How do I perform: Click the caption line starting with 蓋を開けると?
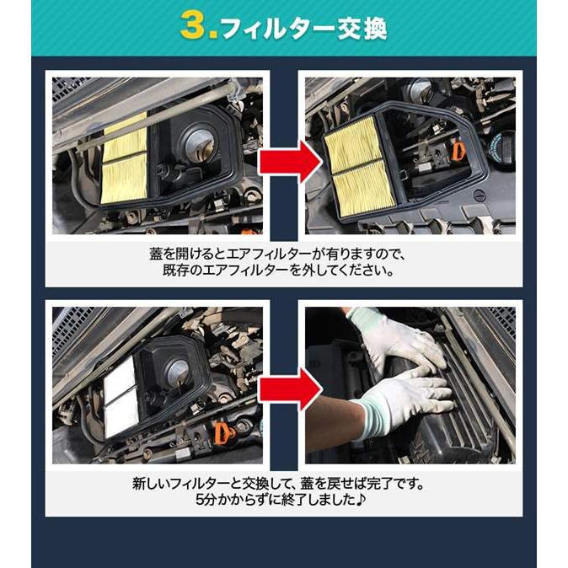click(x=283, y=254)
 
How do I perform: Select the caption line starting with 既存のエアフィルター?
click(x=283, y=272)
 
